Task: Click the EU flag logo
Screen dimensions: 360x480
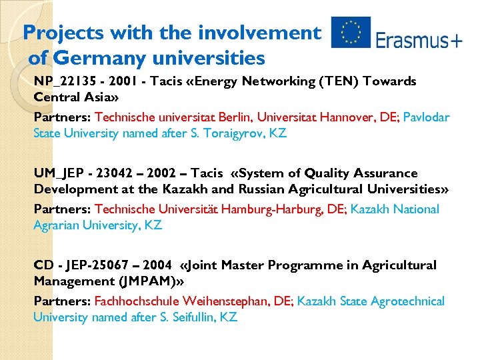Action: [x=351, y=33]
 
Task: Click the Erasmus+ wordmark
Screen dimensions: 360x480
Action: [x=419, y=41]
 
